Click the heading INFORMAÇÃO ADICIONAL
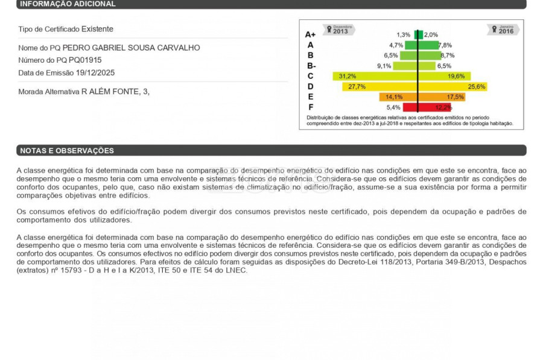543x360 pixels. click(67, 4)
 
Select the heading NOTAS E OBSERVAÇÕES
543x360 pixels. click(66, 151)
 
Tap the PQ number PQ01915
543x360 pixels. click(85, 60)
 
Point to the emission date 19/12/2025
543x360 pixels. click(95, 73)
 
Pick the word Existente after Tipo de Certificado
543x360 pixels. click(97, 29)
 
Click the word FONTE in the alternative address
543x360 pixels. click(125, 92)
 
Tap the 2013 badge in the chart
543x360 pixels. click(340, 30)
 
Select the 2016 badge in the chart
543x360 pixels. click(506, 30)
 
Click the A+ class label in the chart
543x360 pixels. click(310, 35)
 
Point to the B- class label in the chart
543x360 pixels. click(311, 66)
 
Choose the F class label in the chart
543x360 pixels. click(310, 107)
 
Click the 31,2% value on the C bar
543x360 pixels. click(347, 77)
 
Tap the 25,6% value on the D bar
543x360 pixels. click(476, 87)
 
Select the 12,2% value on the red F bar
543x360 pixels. click(443, 107)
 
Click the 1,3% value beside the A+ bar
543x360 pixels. click(403, 35)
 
